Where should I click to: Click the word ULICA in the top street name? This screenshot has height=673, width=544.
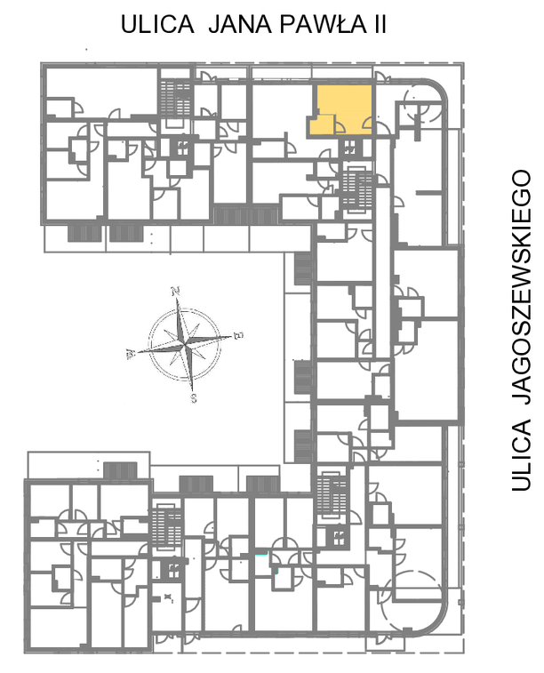tap(157, 24)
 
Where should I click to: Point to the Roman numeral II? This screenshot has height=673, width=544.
tap(380, 24)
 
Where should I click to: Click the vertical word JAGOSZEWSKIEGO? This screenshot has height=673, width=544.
tap(521, 287)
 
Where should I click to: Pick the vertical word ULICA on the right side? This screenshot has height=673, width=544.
tap(521, 455)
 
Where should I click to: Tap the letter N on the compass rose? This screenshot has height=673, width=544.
tap(175, 291)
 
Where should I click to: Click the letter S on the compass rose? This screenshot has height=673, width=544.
tap(194, 398)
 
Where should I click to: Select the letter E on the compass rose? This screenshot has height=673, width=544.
tap(238, 335)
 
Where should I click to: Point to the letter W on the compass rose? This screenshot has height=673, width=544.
tap(130, 354)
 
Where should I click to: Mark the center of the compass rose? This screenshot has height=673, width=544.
tap(185, 345)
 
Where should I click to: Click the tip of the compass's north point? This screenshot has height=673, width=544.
tap(177, 298)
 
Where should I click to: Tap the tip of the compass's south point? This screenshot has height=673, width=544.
tap(192, 392)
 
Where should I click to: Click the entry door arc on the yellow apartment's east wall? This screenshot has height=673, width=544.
tap(367, 124)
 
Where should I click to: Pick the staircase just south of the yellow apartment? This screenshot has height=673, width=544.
tap(357, 190)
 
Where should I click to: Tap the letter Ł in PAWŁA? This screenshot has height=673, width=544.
tap(342, 24)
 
